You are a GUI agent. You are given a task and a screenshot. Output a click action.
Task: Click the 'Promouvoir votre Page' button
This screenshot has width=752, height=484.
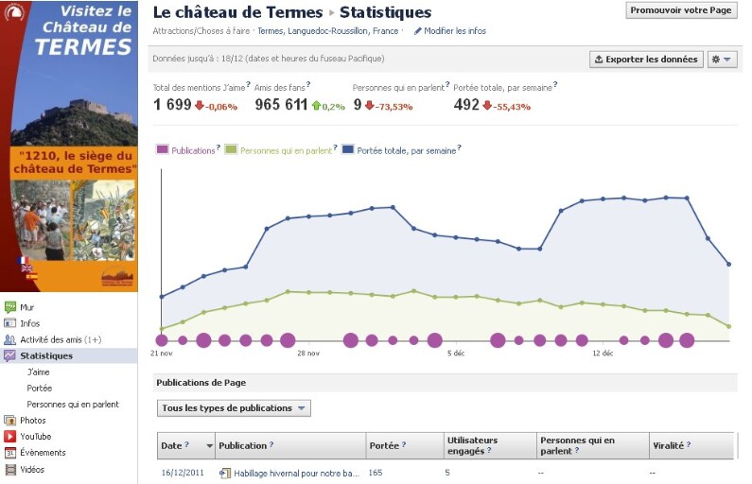tap(681, 9)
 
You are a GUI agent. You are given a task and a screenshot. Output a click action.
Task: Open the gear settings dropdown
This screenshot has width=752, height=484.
tap(722, 59)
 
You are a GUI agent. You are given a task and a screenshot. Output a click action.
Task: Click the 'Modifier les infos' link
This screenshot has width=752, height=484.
tap(455, 31)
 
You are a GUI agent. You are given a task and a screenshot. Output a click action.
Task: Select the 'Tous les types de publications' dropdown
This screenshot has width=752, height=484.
tap(234, 408)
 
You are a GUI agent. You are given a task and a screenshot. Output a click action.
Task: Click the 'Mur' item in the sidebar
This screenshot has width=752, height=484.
tap(26, 307)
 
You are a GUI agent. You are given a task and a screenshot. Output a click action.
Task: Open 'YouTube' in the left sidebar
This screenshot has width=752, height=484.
tap(35, 437)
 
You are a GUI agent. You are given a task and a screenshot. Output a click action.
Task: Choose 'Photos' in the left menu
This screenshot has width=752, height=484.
tap(32, 421)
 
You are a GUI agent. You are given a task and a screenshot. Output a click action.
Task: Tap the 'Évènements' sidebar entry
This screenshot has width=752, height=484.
tap(43, 453)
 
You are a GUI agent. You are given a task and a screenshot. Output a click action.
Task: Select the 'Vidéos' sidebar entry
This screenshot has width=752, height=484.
tap(32, 469)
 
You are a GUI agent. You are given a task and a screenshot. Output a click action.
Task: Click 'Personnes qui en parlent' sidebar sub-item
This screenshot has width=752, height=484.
tap(73, 405)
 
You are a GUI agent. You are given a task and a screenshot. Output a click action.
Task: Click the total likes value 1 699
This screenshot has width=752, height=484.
tap(172, 105)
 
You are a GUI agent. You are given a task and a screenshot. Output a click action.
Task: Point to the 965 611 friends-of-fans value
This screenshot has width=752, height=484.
tap(281, 105)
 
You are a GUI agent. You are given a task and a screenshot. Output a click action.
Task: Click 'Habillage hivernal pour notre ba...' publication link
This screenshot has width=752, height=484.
tap(296, 473)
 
